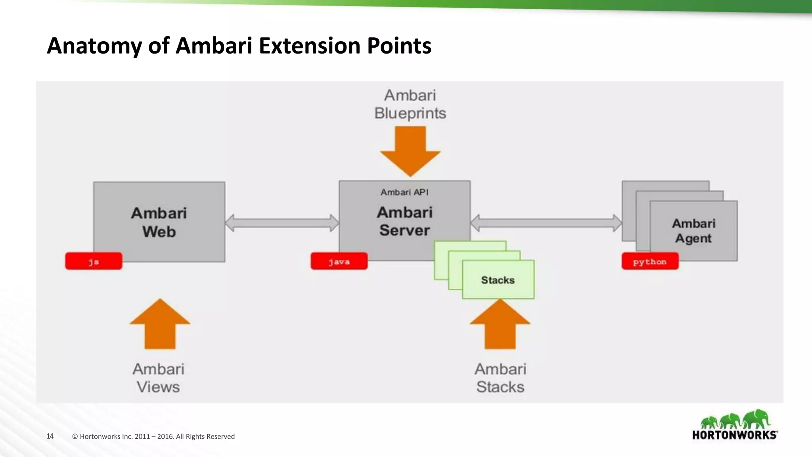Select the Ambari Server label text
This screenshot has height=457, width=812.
[x=404, y=221]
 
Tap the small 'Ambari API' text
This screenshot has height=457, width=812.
[x=404, y=192]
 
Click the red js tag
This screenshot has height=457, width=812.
[x=94, y=261]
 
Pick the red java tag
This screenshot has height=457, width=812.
[x=339, y=261]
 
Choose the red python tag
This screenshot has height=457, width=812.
[x=650, y=261]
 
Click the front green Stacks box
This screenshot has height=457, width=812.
[x=498, y=280]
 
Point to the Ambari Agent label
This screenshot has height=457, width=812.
[x=693, y=231]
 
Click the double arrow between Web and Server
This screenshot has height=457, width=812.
[x=282, y=223]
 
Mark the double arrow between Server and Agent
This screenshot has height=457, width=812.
[x=546, y=223]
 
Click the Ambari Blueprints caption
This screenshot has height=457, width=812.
[x=410, y=104]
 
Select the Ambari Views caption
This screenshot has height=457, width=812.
[x=158, y=378]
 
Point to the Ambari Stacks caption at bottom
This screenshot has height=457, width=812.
[x=500, y=378]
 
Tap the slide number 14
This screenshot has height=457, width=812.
[x=50, y=436]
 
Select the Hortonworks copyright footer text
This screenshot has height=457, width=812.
[x=153, y=436]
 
